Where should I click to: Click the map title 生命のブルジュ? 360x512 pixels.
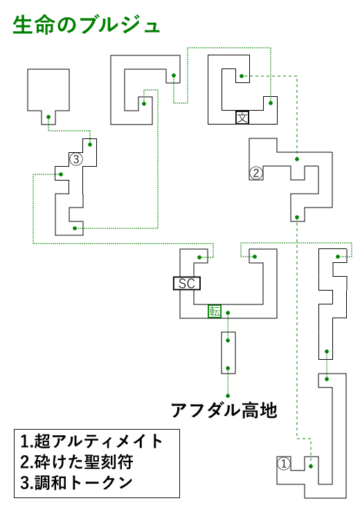87,26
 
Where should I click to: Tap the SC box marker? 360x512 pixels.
187,284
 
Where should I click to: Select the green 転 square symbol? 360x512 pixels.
215,311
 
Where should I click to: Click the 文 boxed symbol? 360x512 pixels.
242,118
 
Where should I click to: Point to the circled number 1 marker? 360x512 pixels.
284,464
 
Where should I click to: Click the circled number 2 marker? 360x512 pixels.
256,173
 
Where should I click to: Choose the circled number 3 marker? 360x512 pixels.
76,159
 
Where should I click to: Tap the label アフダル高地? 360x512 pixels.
224,410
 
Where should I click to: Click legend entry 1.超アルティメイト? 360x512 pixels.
91,441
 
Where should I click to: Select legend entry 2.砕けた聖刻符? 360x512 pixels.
77,462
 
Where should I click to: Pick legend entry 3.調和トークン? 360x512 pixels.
76,483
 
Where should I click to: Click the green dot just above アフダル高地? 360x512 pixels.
228,396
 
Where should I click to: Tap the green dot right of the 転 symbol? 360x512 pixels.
228,313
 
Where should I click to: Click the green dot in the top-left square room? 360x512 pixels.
48,117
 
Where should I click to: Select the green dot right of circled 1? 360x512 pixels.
311,466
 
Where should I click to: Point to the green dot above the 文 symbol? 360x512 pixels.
242,76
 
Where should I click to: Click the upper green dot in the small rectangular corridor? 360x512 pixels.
228,340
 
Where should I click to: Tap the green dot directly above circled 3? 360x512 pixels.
90,145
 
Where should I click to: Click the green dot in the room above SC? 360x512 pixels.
199,257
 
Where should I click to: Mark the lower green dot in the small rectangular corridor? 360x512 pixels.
228,368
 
